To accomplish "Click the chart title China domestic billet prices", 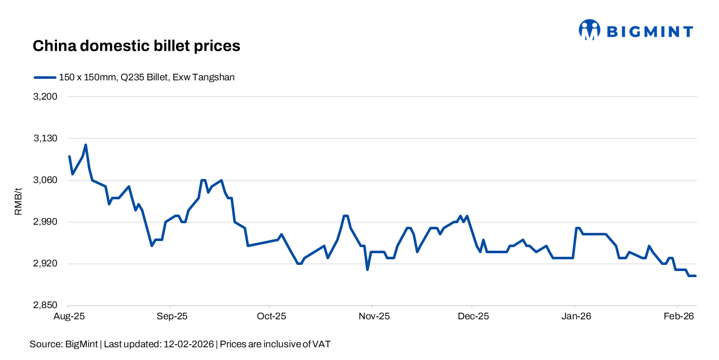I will [136, 46].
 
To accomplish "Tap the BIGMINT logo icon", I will [589, 30].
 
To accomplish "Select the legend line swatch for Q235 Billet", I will [45, 77].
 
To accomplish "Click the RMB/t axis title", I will [18, 201].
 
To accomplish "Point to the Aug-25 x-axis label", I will [68, 316].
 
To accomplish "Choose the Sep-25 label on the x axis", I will [172, 316].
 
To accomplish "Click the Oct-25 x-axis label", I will [272, 316].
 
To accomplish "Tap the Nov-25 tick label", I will [374, 316].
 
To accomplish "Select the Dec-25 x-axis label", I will [473, 316].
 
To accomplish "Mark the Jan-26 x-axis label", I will [576, 316].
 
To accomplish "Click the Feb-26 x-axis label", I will [679, 316].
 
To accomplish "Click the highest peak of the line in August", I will [85, 145].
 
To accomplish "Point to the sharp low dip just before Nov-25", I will [367, 269].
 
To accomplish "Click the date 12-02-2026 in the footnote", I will [189, 344].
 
